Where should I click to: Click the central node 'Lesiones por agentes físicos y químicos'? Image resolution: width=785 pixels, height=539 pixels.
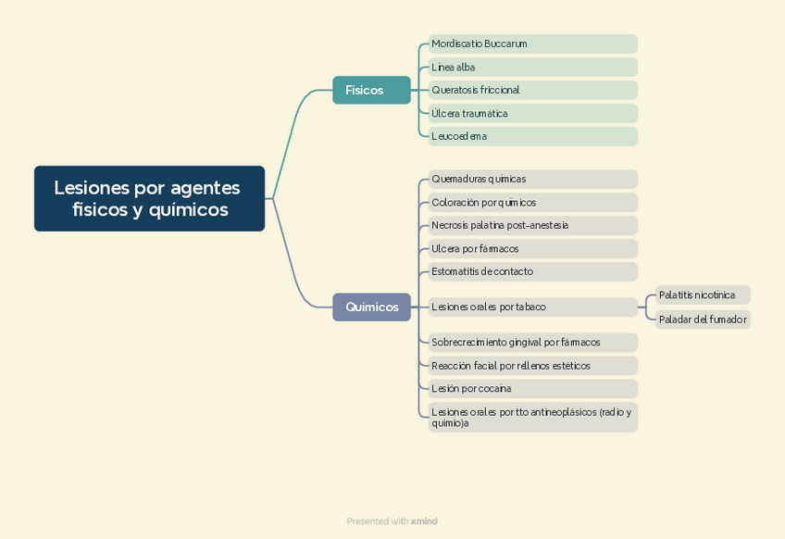[149, 198]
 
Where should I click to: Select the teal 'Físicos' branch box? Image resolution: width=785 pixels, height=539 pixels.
[371, 90]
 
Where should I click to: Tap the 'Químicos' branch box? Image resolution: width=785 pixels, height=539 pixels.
[371, 307]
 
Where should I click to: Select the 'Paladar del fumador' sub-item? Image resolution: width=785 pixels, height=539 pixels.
[702, 320]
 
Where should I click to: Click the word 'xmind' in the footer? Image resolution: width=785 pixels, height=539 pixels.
[424, 521]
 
